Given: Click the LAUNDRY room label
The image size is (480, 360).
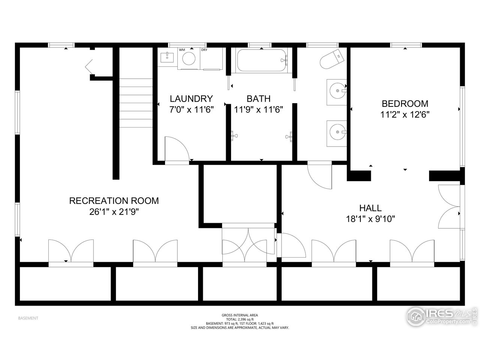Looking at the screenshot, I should pyautogui.click(x=191, y=99).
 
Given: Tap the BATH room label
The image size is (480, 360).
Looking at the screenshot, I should pyautogui.click(x=258, y=99).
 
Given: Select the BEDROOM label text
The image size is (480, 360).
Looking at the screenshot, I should pyautogui.click(x=405, y=103).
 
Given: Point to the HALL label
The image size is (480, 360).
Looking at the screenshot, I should pyautogui.click(x=370, y=208).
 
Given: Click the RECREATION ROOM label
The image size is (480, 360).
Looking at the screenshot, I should pyautogui.click(x=114, y=201).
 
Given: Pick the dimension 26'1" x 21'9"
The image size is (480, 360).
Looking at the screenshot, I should pyautogui.click(x=114, y=212).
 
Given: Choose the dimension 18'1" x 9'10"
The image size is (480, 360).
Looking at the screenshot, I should pyautogui.click(x=370, y=219).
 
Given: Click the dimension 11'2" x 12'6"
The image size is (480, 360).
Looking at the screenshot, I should pyautogui.click(x=405, y=114).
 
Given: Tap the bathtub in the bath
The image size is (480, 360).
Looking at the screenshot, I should pyautogui.click(x=261, y=60).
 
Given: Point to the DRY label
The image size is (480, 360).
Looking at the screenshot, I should pyautogui.click(x=204, y=50).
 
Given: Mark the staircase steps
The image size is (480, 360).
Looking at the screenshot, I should pyautogui.click(x=136, y=99).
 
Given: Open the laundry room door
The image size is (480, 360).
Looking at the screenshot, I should pyautogui.click(x=177, y=149).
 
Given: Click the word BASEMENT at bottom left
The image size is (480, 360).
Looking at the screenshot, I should pyautogui.click(x=28, y=318).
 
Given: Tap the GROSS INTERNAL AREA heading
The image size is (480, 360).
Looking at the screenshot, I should pyautogui.click(x=240, y=315).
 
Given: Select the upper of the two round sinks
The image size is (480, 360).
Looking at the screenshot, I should pyautogui.click(x=337, y=91).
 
